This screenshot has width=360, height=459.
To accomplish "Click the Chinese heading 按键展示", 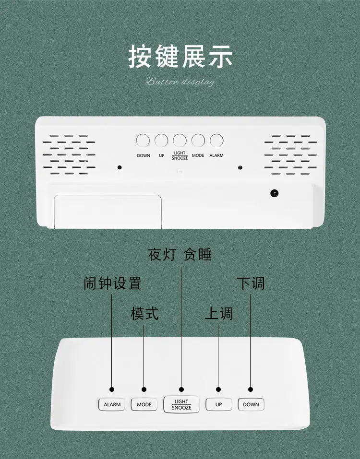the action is (x=180, y=56).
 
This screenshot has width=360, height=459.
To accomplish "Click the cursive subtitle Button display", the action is (x=180, y=82).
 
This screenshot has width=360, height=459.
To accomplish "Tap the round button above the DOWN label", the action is (x=143, y=140).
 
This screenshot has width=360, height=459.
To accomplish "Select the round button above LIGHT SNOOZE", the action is (x=180, y=140).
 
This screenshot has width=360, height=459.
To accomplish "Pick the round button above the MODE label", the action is (x=198, y=140).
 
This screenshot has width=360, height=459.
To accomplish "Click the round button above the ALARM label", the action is (x=216, y=140).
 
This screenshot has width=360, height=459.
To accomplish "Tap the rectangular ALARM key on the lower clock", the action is (x=112, y=404).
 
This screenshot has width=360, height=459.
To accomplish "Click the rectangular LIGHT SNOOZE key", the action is (x=181, y=404).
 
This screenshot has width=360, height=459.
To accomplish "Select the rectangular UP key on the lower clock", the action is (x=218, y=404).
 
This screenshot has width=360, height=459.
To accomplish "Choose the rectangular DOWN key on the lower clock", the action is (x=251, y=404).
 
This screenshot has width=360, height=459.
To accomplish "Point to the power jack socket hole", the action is (x=274, y=193).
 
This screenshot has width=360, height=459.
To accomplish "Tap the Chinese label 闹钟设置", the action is (x=112, y=283).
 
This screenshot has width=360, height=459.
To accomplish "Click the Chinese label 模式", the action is (x=144, y=314).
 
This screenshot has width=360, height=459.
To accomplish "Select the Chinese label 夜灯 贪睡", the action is (x=180, y=254).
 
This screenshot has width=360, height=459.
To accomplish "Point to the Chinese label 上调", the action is (x=219, y=314).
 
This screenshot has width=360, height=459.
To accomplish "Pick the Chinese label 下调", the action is (x=251, y=283).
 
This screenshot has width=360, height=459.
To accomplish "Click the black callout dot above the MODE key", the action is (x=144, y=389).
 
